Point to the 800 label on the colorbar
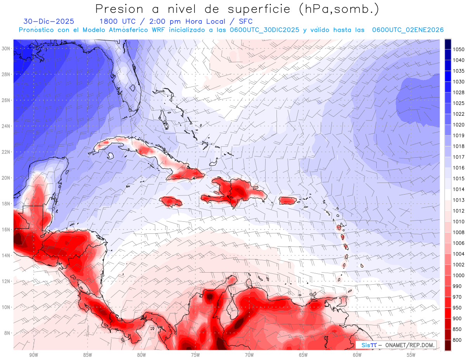(x=457, y=340)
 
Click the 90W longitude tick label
(x=33, y=355)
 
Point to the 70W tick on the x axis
(x=249, y=355)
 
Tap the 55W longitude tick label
(x=411, y=355)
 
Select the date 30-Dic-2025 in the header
(x=49, y=22)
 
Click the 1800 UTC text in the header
(x=114, y=22)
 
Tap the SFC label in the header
(x=245, y=22)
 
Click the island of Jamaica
(x=171, y=201)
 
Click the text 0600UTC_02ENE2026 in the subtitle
(x=408, y=30)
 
